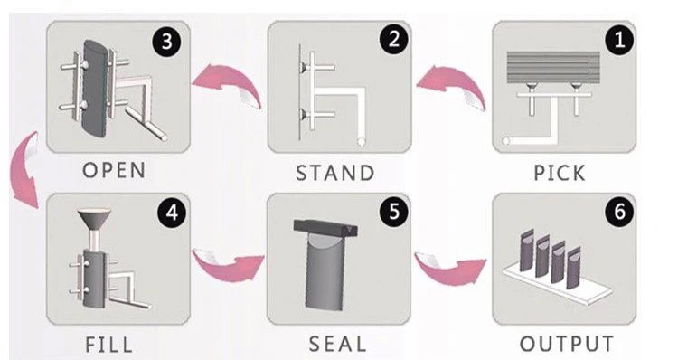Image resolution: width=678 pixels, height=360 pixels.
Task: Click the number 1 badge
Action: click(x=619, y=40)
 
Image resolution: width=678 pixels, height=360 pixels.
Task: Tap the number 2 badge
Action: click(x=394, y=40)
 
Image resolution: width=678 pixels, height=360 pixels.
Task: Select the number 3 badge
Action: click(x=167, y=42)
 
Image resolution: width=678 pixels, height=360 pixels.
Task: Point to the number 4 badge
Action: click(x=172, y=213)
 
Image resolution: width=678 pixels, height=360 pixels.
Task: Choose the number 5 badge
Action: click(x=394, y=212)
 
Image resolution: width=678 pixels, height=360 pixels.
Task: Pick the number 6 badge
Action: click(x=619, y=212)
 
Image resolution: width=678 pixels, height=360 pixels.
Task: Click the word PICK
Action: click(x=560, y=173)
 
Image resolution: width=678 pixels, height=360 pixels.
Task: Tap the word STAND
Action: click(x=335, y=173)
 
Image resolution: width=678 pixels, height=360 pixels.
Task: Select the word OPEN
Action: click(x=114, y=170)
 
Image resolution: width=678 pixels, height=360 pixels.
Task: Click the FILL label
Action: click(x=109, y=345)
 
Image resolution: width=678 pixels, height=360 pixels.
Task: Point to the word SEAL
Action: click(x=338, y=345)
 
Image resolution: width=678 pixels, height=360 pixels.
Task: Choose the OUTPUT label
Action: click(x=567, y=344)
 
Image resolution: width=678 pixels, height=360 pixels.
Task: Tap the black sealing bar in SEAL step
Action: click(x=325, y=228)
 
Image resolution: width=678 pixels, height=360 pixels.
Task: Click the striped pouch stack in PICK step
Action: click(x=553, y=68)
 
